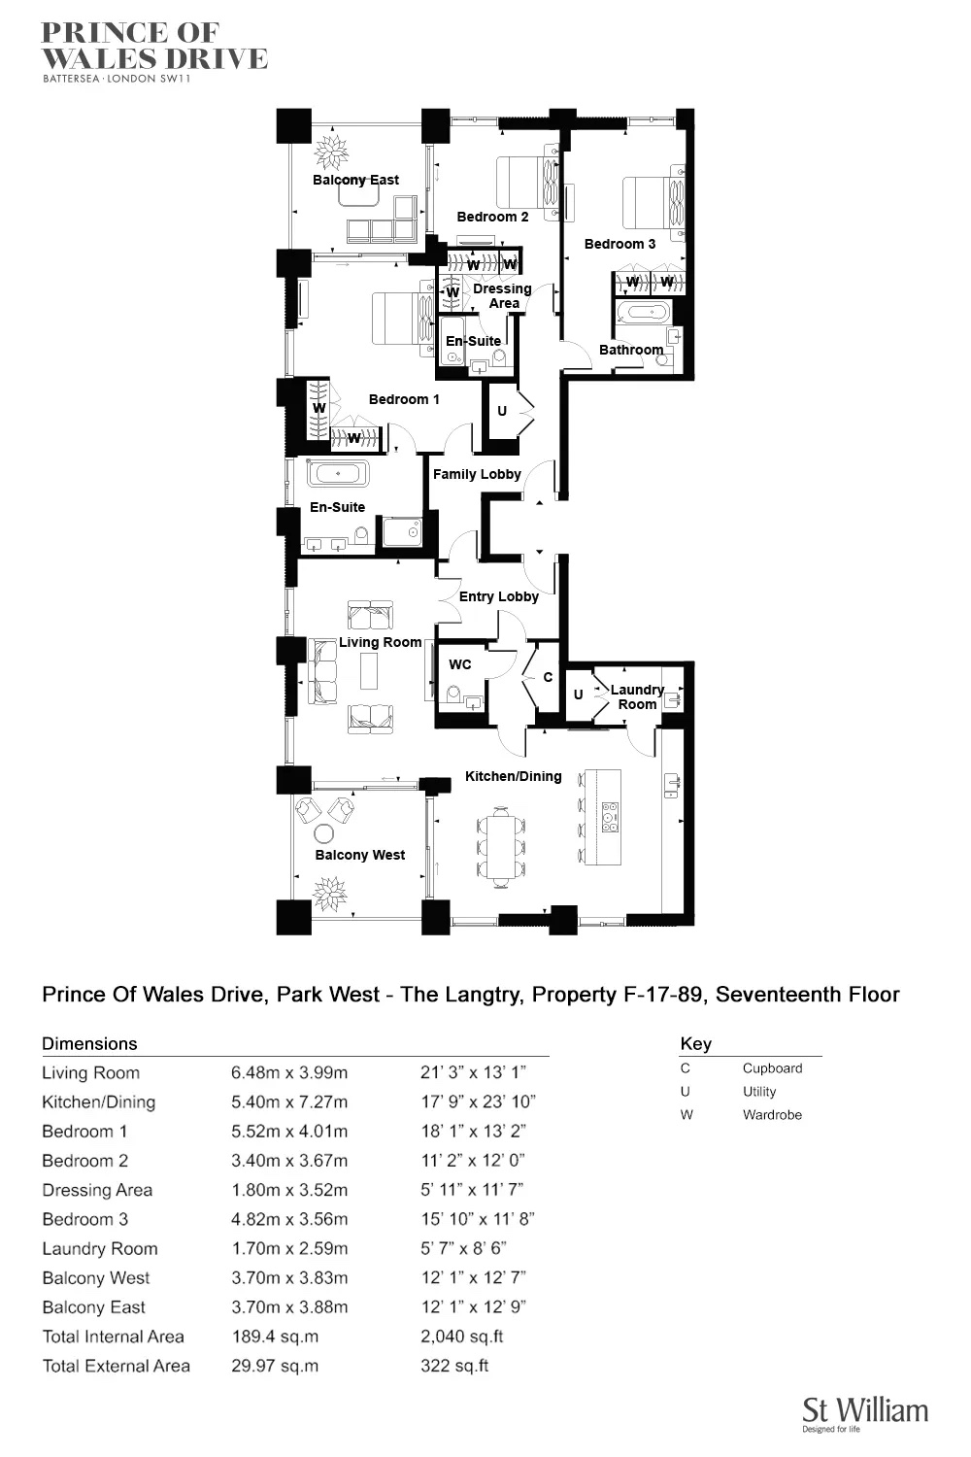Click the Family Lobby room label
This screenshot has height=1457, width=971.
tap(477, 474)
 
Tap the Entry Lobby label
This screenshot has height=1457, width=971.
tap(498, 596)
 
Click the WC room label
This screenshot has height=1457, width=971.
tap(460, 664)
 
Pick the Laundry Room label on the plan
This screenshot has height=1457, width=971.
tap(637, 696)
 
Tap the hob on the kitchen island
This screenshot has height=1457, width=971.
tap(610, 817)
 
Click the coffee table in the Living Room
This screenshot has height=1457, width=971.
tap(369, 670)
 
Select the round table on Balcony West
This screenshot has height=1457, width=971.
tap(324, 834)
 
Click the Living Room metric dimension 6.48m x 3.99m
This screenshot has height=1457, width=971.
tap(289, 1072)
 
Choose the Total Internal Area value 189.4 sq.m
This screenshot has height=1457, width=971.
tap(275, 1337)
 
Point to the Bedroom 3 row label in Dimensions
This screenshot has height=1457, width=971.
tap(84, 1219)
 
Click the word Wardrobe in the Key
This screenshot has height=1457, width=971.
tap(772, 1115)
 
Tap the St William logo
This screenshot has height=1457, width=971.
tap(864, 1413)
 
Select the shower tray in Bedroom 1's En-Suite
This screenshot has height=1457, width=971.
tap(402, 531)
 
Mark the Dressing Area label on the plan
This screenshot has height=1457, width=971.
tap(502, 295)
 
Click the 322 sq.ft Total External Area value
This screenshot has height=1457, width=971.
tap(454, 1366)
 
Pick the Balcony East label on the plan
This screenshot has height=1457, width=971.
tap(355, 180)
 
